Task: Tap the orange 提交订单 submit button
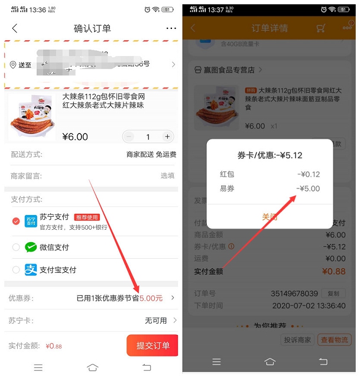tap(153, 346)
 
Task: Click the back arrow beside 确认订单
tap(15, 28)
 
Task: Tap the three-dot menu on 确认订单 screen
tap(171, 28)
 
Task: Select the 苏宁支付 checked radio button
tap(16, 221)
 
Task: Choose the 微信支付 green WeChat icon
tap(31, 247)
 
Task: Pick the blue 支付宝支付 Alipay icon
tap(31, 270)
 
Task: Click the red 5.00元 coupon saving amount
tap(151, 298)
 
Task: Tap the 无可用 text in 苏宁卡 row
tap(155, 320)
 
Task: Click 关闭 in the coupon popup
tap(270, 217)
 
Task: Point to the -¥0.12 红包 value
tap(308, 174)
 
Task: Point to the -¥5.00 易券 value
tap(308, 188)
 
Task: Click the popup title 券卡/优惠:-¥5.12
tap(270, 155)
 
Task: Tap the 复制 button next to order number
tap(333, 294)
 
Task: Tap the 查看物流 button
tap(334, 340)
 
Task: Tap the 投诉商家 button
tap(297, 340)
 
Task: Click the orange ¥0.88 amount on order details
tap(333, 272)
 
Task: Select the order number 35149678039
tap(294, 294)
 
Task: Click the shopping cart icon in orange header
tap(321, 28)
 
